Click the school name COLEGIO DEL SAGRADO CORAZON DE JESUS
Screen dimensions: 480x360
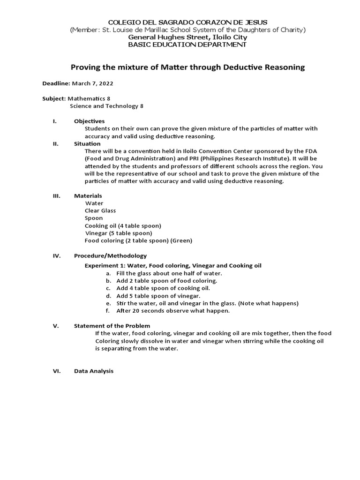(x=187, y=22)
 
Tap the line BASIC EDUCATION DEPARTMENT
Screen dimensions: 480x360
(x=187, y=45)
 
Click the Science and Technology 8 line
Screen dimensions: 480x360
(x=107, y=106)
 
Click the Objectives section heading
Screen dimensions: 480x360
(x=89, y=121)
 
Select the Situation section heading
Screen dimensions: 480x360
(x=87, y=143)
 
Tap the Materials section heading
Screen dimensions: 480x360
(x=88, y=195)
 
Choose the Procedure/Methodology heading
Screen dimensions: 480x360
(x=110, y=255)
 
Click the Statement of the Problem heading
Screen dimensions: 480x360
(x=112, y=326)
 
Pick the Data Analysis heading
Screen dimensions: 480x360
(x=94, y=371)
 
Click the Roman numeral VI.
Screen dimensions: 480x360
(x=55, y=371)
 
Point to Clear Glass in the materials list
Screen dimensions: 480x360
(x=100, y=210)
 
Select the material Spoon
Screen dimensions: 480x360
(x=94, y=218)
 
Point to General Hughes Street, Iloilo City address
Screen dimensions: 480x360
(x=187, y=37)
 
